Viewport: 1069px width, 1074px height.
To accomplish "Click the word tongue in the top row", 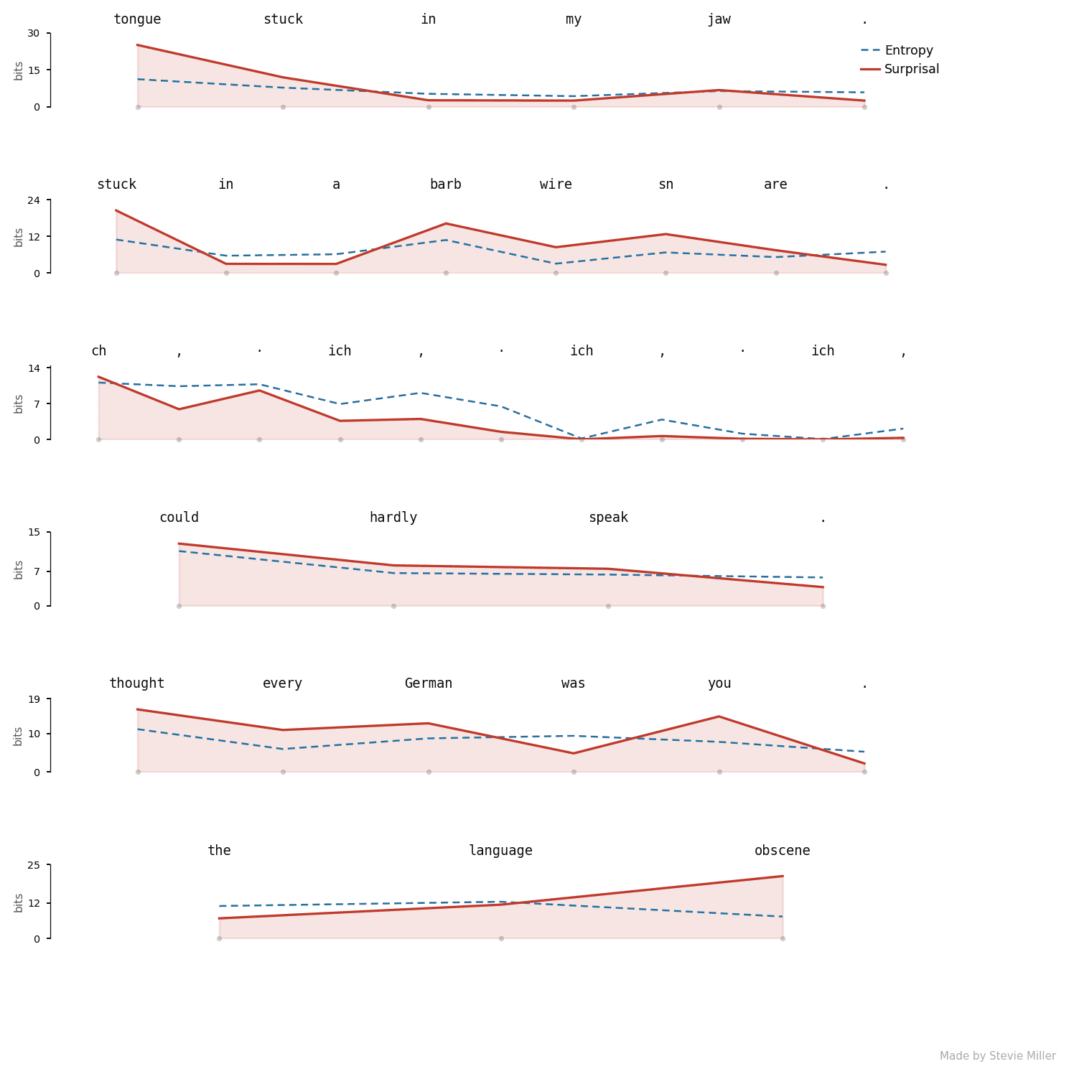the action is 137,20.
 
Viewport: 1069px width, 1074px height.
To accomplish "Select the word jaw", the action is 719,20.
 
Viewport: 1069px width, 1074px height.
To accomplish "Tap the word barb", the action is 445,185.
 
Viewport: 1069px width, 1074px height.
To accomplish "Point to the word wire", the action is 556,185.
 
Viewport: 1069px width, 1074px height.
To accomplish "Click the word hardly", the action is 393,518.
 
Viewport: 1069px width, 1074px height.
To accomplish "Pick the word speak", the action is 608,518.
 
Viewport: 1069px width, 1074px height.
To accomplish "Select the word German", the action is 428,683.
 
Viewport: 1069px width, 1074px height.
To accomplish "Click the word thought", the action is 136,684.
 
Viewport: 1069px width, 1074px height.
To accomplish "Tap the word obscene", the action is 782,851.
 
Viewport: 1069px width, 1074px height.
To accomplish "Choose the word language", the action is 500,851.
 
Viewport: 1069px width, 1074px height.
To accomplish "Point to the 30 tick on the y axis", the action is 34,33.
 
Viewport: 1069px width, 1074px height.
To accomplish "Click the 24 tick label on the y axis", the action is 34,200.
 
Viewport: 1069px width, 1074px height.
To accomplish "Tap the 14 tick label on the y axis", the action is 34,368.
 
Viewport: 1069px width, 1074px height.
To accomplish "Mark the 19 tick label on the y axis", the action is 34,699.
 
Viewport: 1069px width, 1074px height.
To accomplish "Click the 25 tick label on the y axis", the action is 34,865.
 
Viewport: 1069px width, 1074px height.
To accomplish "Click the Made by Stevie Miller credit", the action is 997,1056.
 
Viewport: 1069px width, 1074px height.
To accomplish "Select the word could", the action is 179,518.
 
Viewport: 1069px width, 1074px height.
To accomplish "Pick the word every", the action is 282,684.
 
